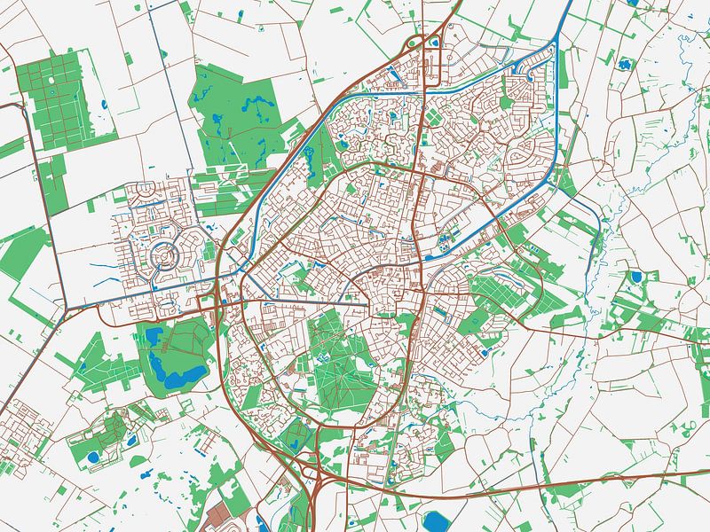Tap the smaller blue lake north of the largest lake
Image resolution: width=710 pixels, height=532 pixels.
(153, 336)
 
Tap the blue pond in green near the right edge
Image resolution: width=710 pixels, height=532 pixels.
(635, 278)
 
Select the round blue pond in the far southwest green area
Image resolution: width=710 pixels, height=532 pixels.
(92, 458)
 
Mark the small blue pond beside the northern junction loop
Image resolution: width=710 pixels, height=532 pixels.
(435, 40)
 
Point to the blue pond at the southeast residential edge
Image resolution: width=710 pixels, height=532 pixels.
(485, 352)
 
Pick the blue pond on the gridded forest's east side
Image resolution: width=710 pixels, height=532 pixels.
(105, 106)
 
